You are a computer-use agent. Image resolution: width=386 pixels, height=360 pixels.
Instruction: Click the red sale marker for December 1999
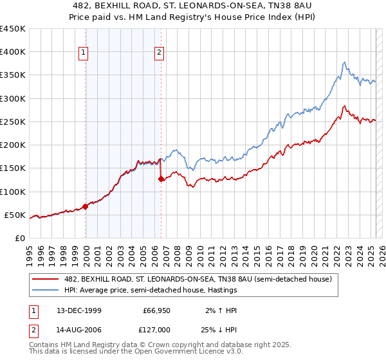(86, 207)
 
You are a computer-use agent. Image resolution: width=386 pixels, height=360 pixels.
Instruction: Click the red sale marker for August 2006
(161, 179)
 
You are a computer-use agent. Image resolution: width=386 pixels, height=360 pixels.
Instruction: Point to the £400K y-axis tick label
(13, 52)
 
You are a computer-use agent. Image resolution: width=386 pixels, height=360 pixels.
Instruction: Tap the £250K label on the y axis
(13, 122)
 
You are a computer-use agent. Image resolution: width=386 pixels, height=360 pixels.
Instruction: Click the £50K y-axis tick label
(15, 215)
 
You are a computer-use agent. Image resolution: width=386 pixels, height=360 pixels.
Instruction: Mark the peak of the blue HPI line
(345, 62)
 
